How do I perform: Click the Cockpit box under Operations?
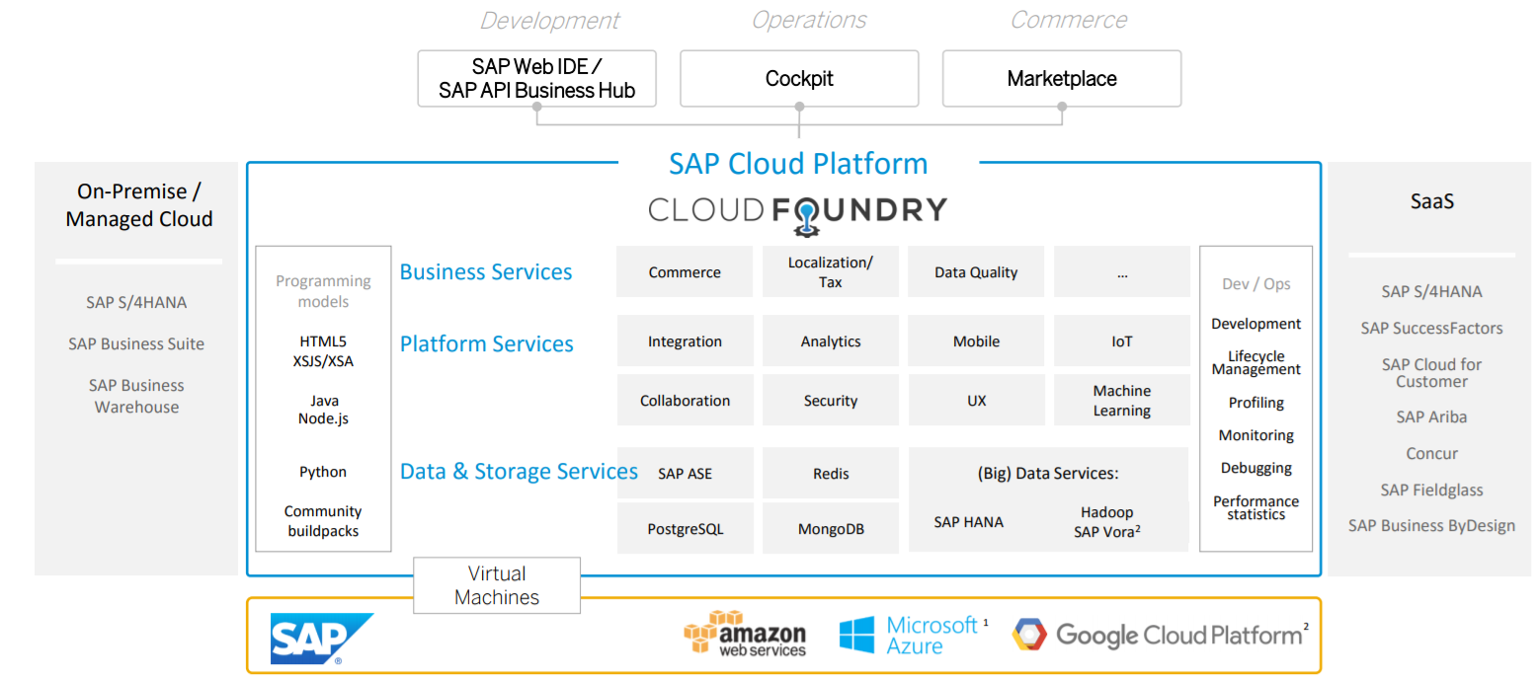point(799,79)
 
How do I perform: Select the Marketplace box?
point(1062,79)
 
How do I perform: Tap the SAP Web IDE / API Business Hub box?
point(536,79)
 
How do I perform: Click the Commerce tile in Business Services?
point(685,272)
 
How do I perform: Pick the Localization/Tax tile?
point(831,272)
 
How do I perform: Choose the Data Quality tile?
point(976,272)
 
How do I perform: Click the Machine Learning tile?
point(1121,401)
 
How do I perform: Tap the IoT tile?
point(1121,341)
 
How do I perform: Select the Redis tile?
point(831,474)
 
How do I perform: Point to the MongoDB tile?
point(831,529)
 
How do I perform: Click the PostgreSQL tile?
point(685,529)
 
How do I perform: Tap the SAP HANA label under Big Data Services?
point(968,522)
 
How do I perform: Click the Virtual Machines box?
point(497,585)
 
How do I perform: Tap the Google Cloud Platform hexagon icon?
point(1028,635)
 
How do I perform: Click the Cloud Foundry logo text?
point(797,210)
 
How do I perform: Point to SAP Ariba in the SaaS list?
point(1431,417)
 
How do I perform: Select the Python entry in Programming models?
point(323,472)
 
